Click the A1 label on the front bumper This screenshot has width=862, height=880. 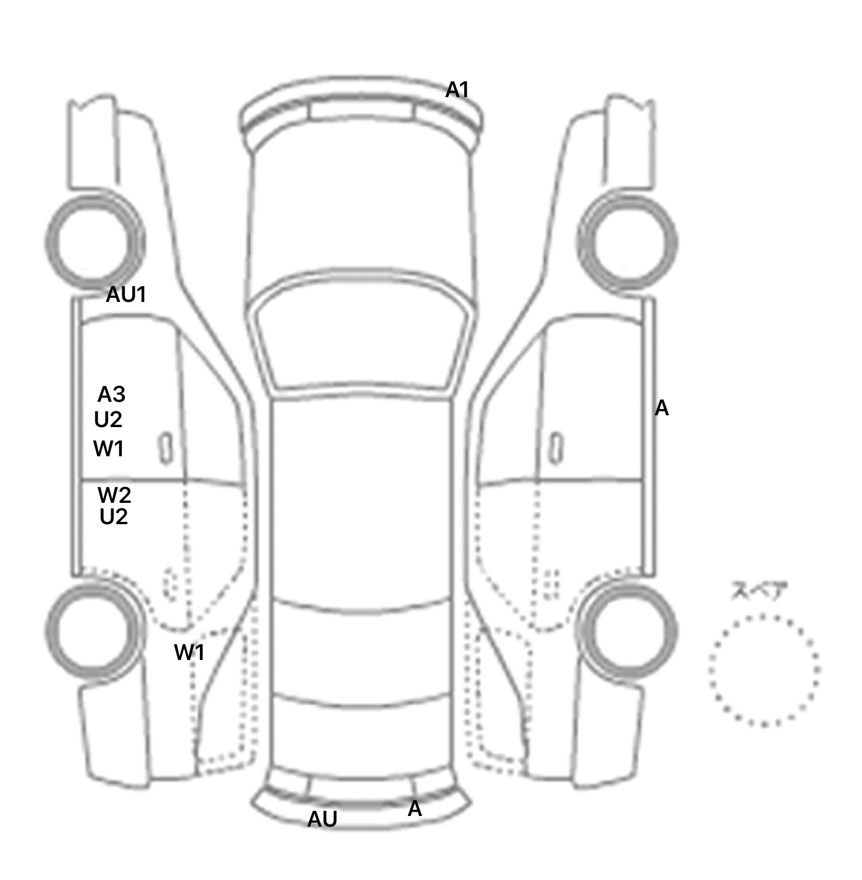457,90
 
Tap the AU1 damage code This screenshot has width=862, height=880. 126,294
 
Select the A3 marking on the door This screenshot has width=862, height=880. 111,395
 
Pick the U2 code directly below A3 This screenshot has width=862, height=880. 108,420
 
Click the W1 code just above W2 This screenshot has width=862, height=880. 108,449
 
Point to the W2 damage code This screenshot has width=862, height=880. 114,495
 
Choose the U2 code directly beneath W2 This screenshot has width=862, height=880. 113,516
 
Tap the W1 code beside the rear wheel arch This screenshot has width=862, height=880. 189,652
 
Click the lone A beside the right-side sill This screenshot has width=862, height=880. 662,408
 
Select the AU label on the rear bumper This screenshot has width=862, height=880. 322,819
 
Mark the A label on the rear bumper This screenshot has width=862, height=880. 414,809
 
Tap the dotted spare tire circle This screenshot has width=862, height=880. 709,670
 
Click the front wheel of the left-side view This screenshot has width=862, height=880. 48,242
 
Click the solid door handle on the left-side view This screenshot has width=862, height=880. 166,448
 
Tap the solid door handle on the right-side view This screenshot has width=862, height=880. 556,448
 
